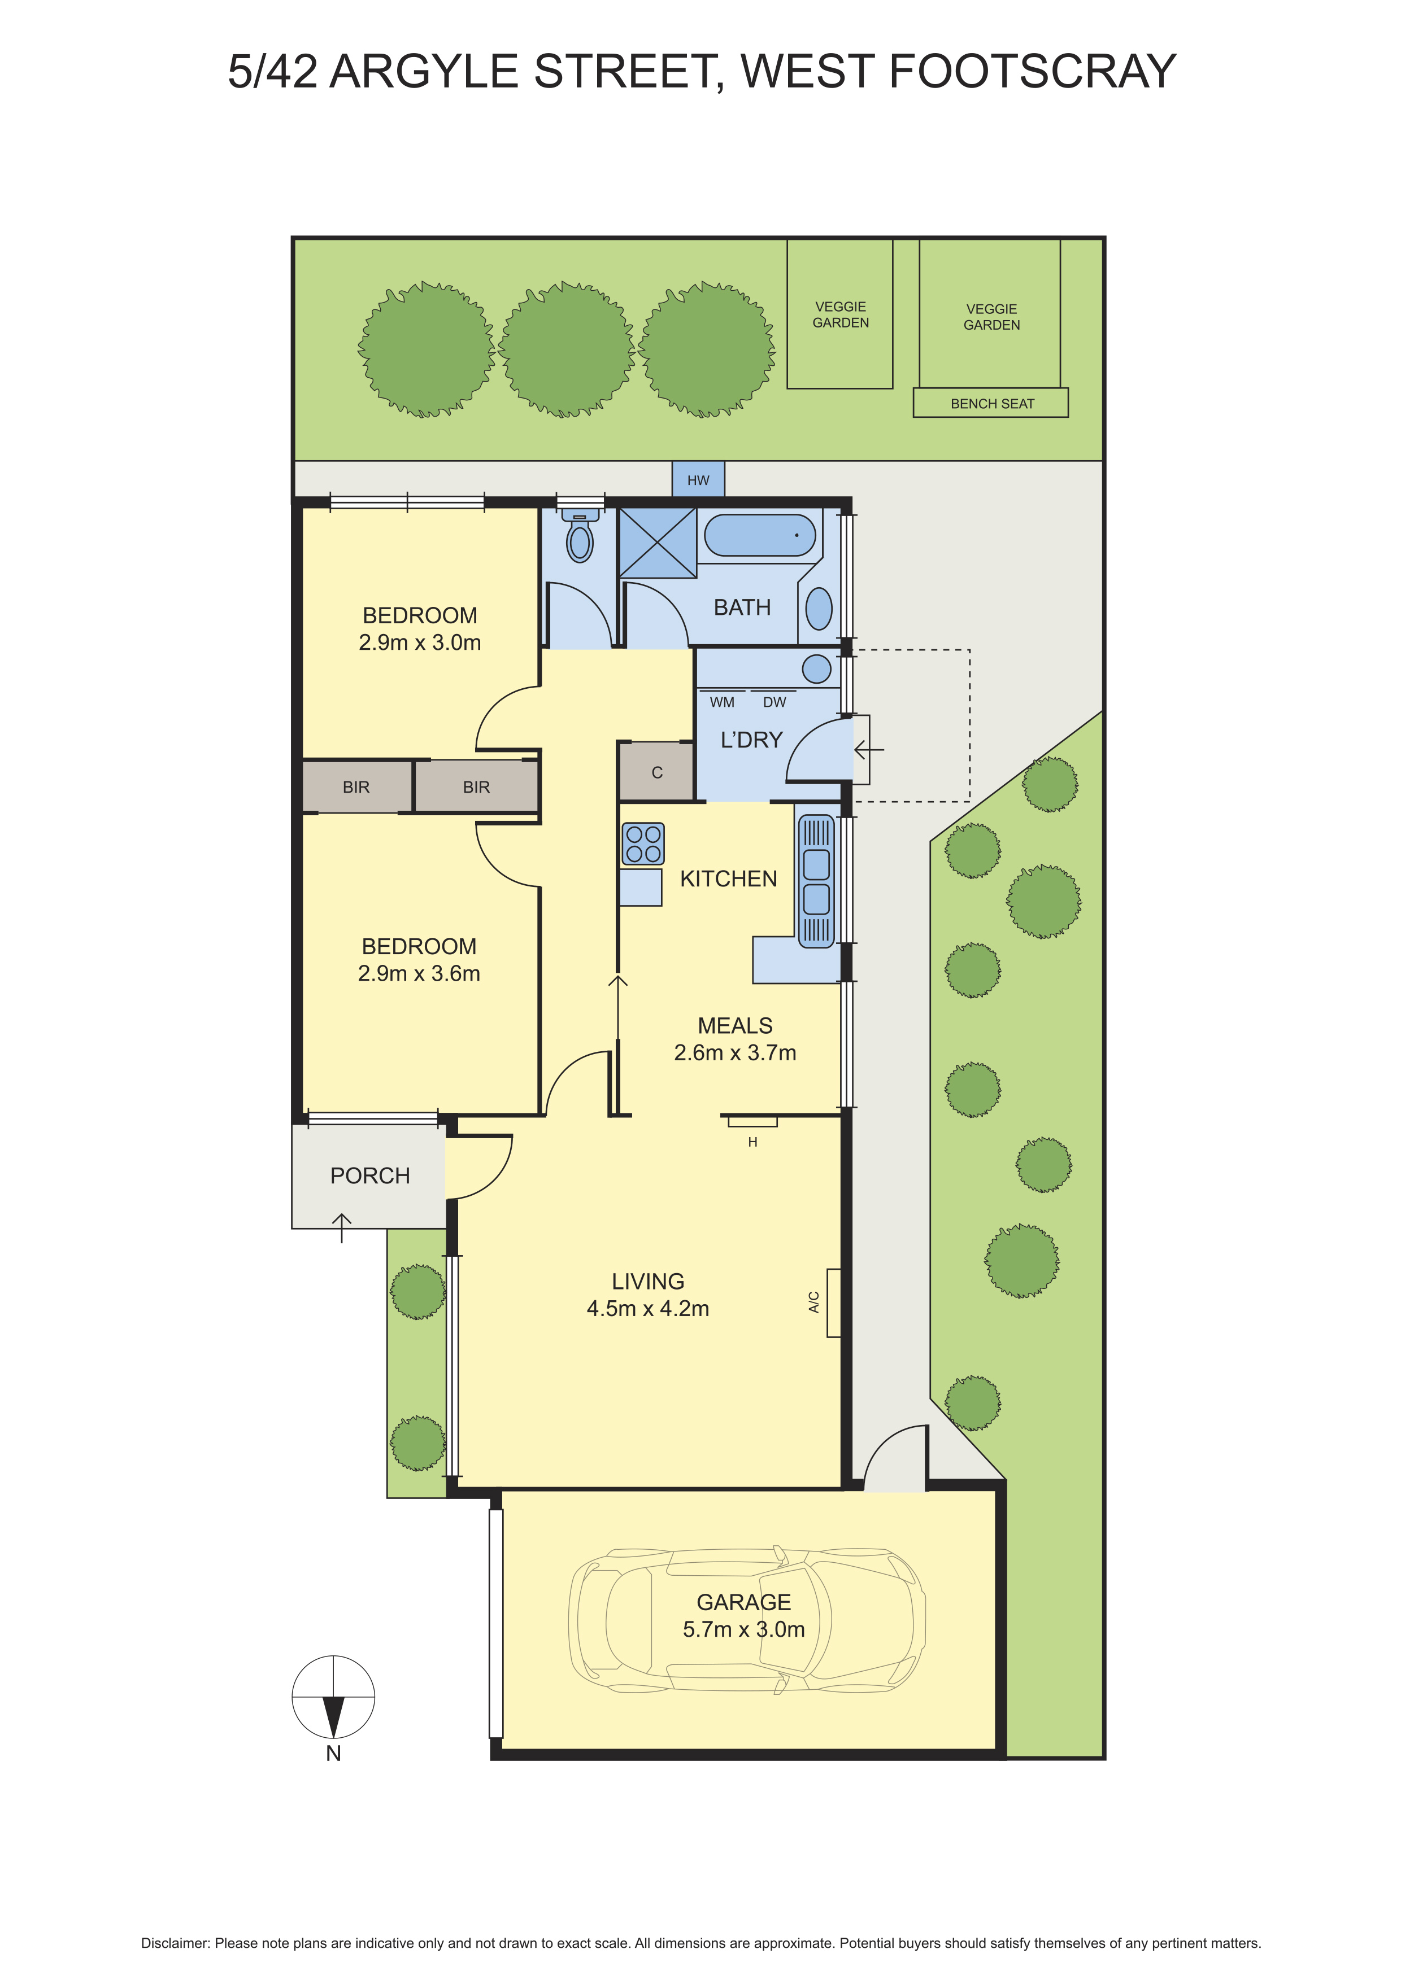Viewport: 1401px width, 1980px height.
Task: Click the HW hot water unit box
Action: pyautogui.click(x=698, y=479)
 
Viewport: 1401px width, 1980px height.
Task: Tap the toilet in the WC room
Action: pyautogui.click(x=580, y=536)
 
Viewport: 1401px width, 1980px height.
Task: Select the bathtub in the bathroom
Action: pyautogui.click(x=759, y=536)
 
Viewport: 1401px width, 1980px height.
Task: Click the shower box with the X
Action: pyautogui.click(x=658, y=543)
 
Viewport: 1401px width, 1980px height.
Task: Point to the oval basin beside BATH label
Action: pyautogui.click(x=819, y=609)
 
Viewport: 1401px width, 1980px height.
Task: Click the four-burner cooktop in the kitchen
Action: pyautogui.click(x=643, y=843)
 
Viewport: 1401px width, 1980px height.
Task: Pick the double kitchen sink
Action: pyautogui.click(x=816, y=881)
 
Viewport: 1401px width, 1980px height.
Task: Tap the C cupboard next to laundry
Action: pyautogui.click(x=656, y=772)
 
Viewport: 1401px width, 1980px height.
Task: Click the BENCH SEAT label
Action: pyautogui.click(x=992, y=404)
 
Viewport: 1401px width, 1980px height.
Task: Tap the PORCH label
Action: pyautogui.click(x=370, y=1175)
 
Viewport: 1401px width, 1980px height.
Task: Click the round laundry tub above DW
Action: pyautogui.click(x=817, y=668)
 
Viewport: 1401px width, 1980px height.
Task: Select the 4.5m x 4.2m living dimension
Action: pyautogui.click(x=648, y=1308)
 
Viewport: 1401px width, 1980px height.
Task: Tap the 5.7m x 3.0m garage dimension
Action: pyautogui.click(x=743, y=1629)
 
